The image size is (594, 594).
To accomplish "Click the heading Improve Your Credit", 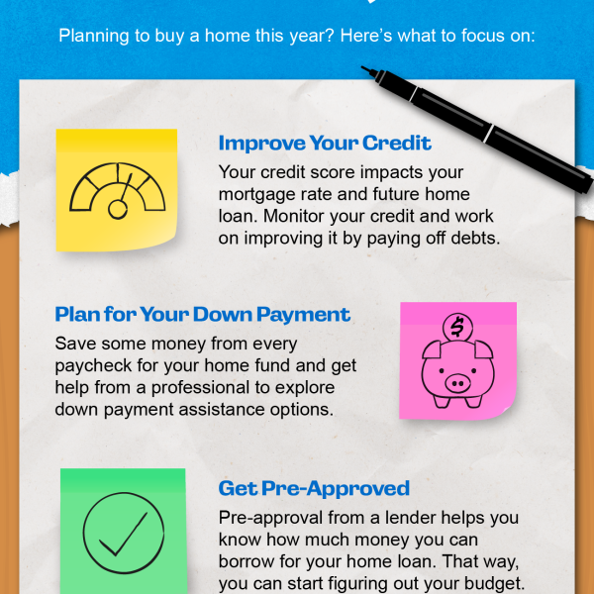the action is tap(325, 144).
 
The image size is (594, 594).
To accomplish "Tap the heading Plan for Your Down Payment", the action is tap(203, 315).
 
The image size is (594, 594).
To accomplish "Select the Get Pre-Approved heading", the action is tap(314, 488).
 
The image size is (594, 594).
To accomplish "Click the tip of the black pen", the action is tap(362, 67).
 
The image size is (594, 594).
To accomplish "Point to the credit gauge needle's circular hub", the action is tap(118, 210).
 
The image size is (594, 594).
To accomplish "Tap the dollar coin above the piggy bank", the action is tap(457, 328).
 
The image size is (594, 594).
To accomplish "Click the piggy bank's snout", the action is tap(457, 383).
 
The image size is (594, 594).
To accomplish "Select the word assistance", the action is tap(222, 410).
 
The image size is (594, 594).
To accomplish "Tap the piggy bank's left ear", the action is tap(432, 349).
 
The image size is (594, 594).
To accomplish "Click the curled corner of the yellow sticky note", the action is tap(166, 241).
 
